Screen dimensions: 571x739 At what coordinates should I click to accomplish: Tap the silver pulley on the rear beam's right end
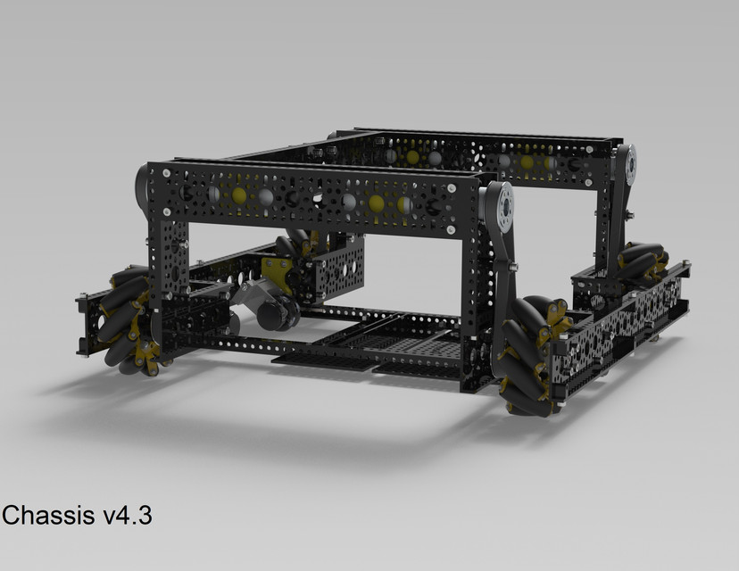pyautogui.click(x=630, y=166)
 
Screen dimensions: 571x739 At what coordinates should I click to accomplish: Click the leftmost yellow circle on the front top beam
pyautogui.click(x=239, y=194)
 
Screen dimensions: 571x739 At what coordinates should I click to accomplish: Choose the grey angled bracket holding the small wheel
pyautogui.click(x=252, y=294)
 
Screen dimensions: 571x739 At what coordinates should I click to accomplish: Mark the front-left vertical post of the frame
pyautogui.click(x=168, y=277)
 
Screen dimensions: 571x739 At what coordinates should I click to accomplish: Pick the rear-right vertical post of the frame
pyautogui.click(x=614, y=223)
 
